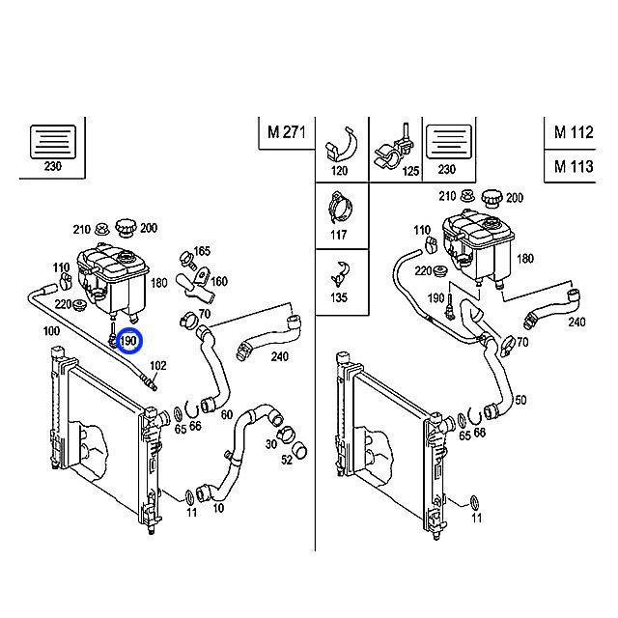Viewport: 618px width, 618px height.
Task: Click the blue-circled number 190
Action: pos(128,341)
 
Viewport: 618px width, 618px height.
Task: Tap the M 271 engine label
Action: pos(287,132)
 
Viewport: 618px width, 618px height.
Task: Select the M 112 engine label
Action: pos(574,132)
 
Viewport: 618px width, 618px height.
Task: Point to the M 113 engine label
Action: pos(574,166)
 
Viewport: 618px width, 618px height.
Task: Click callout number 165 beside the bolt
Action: pos(202,251)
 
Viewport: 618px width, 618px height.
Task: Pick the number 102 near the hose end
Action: pos(158,366)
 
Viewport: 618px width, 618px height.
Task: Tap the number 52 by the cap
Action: pos(287,460)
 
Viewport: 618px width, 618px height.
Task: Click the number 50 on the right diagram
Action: pos(520,400)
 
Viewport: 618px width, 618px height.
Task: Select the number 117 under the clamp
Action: pos(339,235)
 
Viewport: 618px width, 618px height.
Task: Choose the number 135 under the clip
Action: pos(339,297)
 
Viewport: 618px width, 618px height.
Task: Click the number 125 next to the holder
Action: pos(410,171)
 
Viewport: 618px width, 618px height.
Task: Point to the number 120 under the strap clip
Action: pos(339,171)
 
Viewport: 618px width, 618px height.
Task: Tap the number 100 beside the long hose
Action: pos(51,330)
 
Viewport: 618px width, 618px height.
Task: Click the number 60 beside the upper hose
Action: pos(227,414)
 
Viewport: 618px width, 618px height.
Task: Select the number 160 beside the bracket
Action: pos(219,281)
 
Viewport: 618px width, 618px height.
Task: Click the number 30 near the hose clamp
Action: pos(270,444)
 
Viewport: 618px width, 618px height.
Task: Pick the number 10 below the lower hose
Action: pos(218,508)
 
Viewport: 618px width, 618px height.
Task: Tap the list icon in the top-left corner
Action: pos(53,142)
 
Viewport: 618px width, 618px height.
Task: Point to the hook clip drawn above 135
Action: pos(340,273)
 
